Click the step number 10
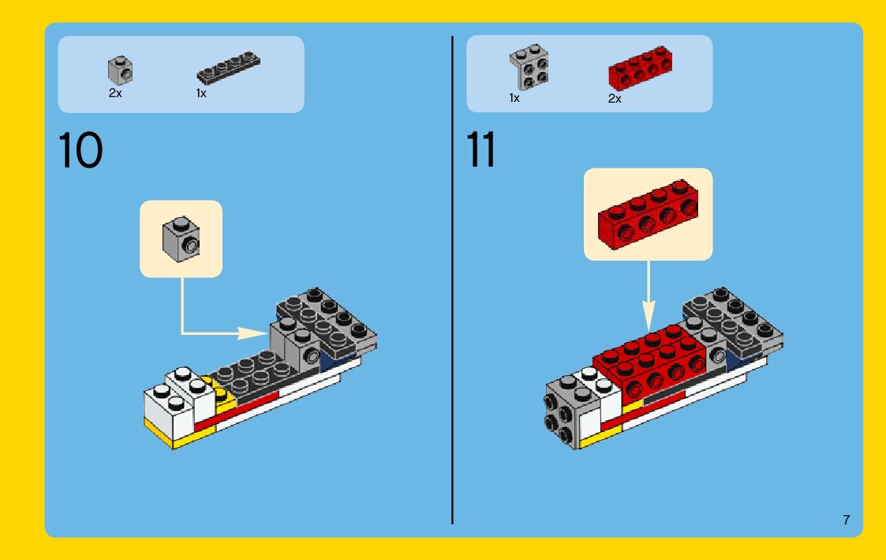point(80,150)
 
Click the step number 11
point(480,150)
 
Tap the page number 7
point(846,520)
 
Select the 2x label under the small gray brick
point(115,93)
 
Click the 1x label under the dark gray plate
point(201,93)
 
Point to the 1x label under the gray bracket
point(514,98)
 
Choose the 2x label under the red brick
point(615,99)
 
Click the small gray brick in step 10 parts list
point(121,70)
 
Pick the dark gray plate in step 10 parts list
point(228,68)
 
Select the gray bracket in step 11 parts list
point(529,67)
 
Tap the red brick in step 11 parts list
point(640,69)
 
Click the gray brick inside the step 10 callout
point(181,239)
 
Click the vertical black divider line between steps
point(452,280)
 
